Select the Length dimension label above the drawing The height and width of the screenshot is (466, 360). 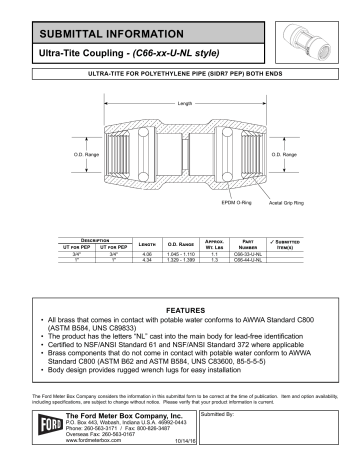pos(184,104)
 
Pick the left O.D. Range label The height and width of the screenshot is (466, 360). pos(82,156)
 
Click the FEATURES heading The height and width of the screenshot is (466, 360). pos(184,311)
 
